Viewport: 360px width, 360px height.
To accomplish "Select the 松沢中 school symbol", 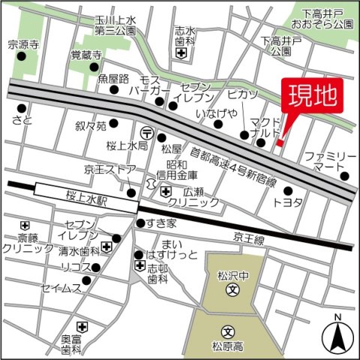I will pyautogui.click(x=232, y=289).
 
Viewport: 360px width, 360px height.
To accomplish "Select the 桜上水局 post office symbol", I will pyautogui.click(x=148, y=136).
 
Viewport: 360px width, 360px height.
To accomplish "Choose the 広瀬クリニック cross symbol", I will pyautogui.click(x=165, y=192).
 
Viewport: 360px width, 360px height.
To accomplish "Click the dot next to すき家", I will pyautogui.click(x=139, y=223).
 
